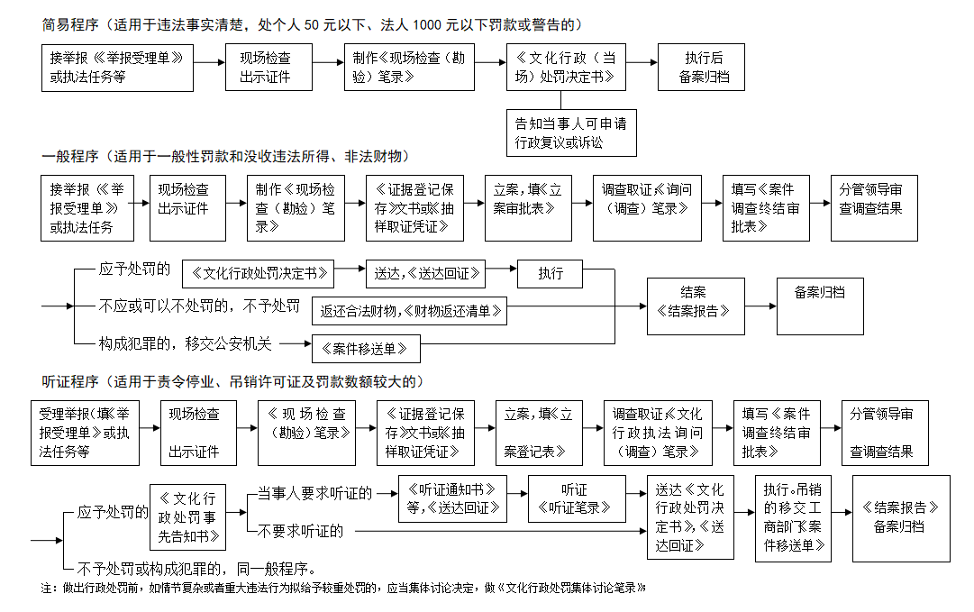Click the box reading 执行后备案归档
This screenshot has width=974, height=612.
point(701,67)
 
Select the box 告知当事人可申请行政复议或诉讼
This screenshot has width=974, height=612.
point(571,133)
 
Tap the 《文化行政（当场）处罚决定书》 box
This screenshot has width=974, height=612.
point(566,67)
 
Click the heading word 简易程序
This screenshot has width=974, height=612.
point(70,25)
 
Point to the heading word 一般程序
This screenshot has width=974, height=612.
point(70,157)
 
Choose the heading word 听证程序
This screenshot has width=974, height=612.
point(70,381)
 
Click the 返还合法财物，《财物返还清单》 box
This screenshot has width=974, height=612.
point(409,311)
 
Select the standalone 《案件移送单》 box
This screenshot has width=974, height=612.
point(366,349)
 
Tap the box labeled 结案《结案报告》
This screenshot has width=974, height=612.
point(696,306)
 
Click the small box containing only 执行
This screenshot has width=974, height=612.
point(550,273)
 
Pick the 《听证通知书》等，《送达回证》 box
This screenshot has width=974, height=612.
point(453,498)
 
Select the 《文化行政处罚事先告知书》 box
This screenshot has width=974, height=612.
point(187,517)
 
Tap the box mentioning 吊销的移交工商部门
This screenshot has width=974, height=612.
point(793,518)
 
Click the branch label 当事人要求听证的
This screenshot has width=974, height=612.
point(315,493)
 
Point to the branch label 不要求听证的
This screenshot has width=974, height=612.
point(300,531)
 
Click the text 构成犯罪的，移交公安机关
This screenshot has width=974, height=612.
point(185,343)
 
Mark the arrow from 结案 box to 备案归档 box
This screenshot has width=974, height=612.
point(761,306)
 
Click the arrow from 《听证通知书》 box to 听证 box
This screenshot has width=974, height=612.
point(517,493)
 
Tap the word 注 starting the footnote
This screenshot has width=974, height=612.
point(46,588)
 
